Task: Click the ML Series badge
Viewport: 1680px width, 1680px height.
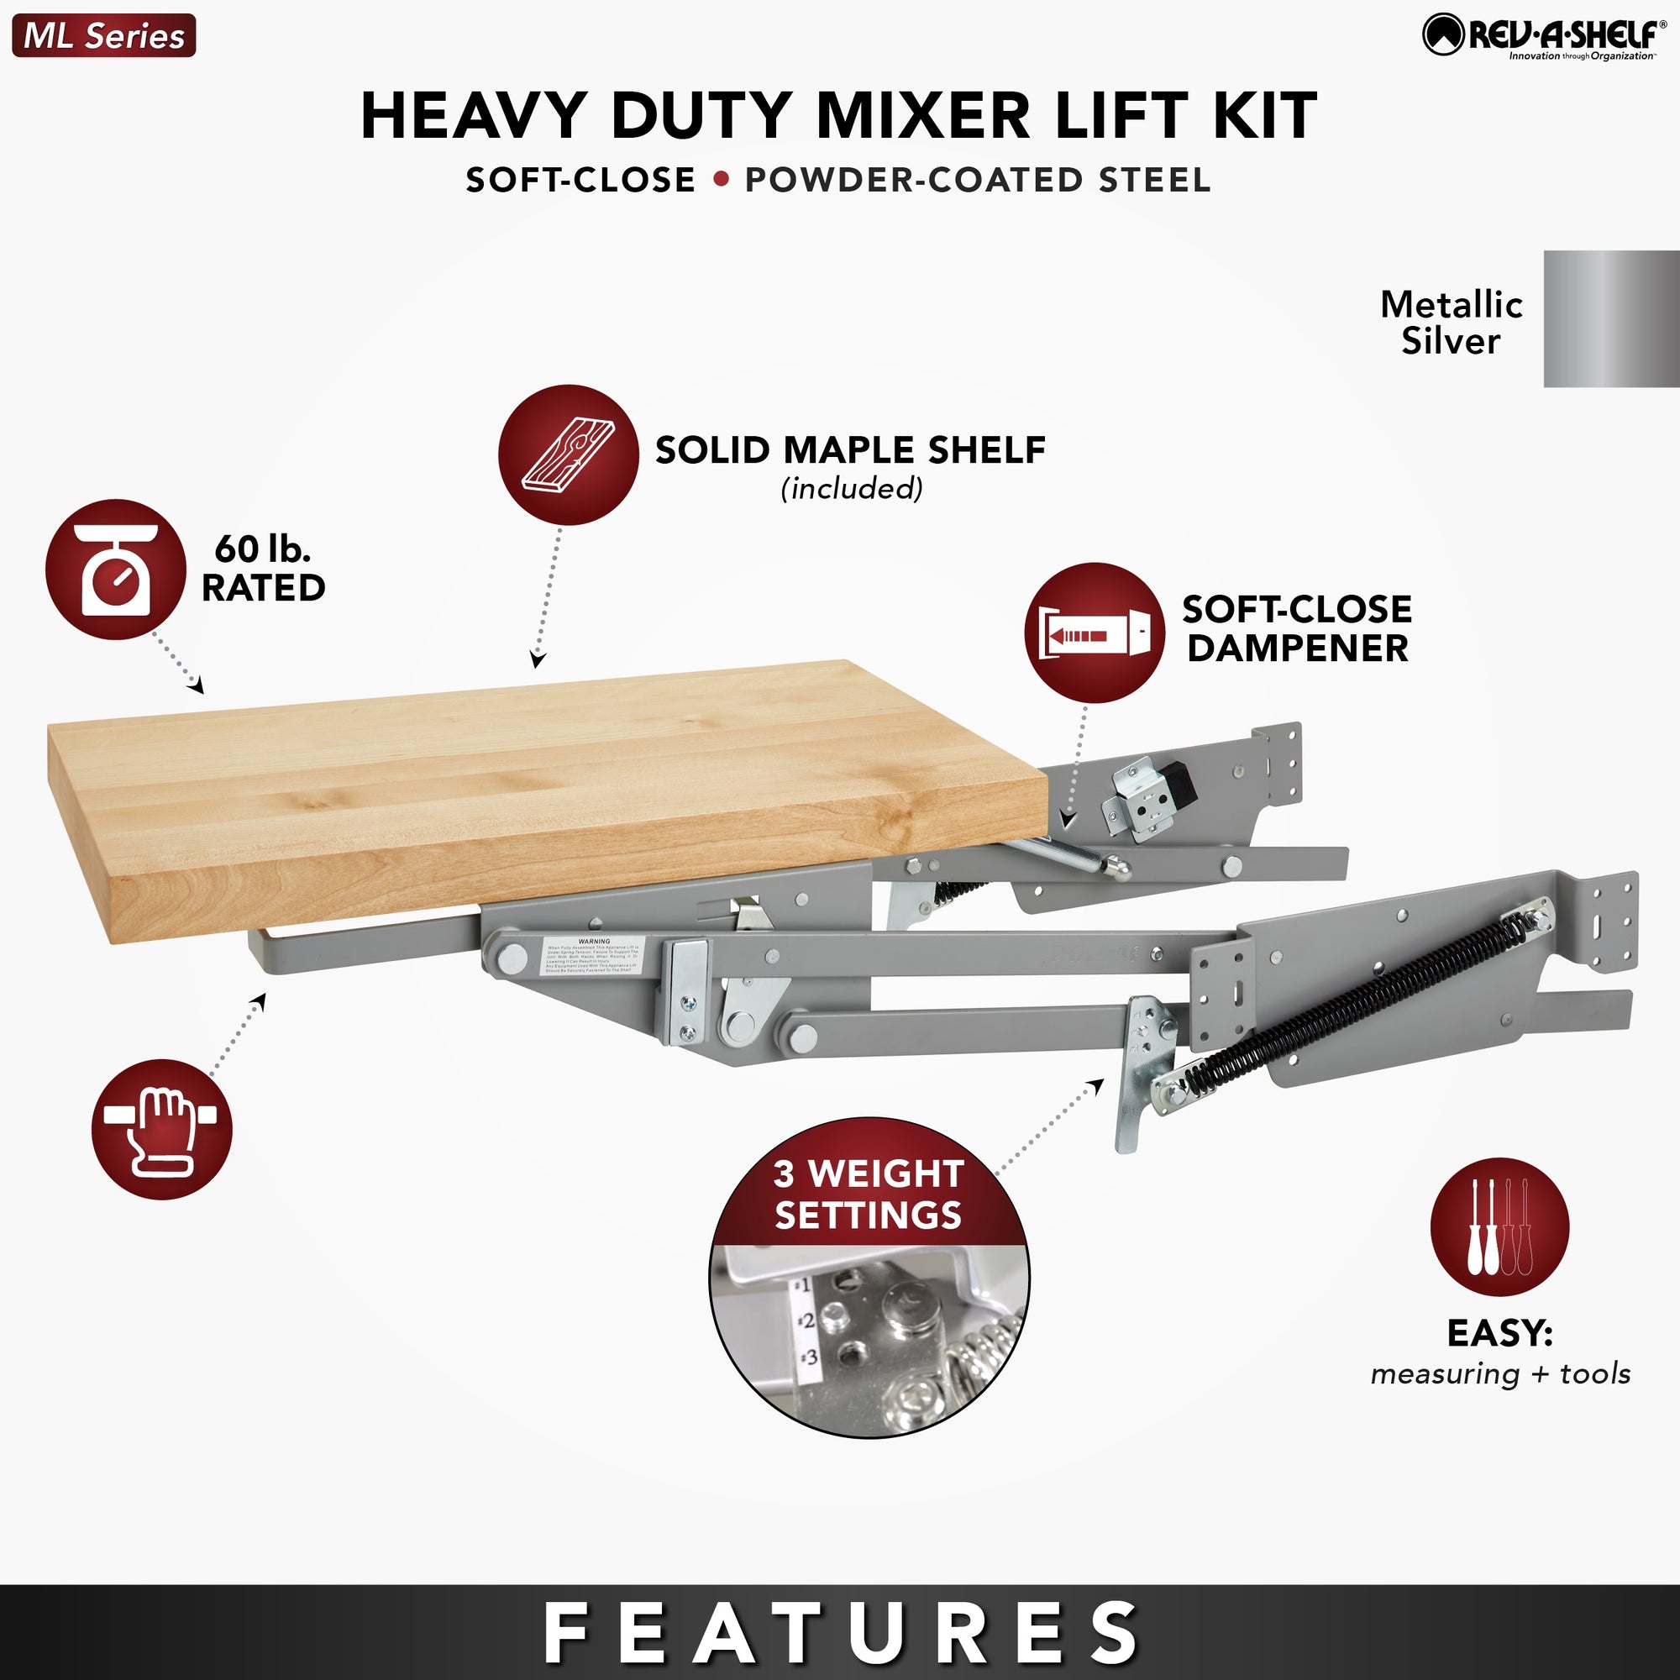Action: click(103, 35)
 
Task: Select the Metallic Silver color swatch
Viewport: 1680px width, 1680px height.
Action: click(1610, 318)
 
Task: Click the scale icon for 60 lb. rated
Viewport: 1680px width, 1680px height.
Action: click(116, 570)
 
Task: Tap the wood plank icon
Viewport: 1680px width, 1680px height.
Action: click(568, 454)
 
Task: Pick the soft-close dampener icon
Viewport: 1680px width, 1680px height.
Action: click(1094, 633)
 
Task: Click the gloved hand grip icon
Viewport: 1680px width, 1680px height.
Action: click(162, 1129)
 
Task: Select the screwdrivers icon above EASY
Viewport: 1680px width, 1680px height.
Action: click(1500, 1227)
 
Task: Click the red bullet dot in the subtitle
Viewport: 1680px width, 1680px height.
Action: click(720, 180)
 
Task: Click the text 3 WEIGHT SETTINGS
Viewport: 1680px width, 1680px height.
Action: click(868, 1194)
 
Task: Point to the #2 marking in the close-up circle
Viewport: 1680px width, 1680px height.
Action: click(806, 1321)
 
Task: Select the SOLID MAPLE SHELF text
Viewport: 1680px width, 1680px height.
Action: click(849, 450)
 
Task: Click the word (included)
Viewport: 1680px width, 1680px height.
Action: click(851, 489)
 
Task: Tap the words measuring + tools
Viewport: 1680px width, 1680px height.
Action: click(1500, 1373)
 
